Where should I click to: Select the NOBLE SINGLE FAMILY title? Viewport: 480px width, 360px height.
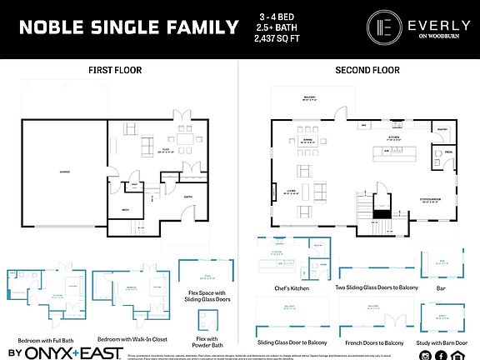(x=128, y=27)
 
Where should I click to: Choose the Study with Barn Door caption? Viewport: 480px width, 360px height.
(x=445, y=342)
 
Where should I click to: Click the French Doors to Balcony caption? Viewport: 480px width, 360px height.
(x=372, y=342)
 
